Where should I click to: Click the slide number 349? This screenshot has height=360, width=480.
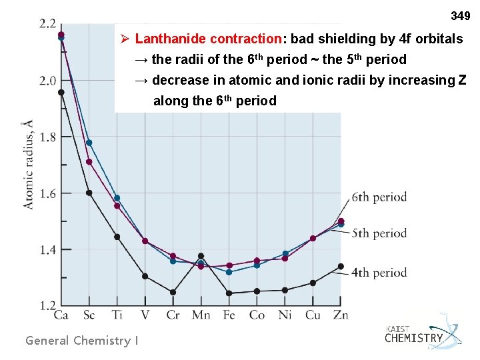(460, 15)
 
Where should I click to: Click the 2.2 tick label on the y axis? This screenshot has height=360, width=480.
(47, 24)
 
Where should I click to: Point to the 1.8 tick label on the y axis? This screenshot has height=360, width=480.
(47, 137)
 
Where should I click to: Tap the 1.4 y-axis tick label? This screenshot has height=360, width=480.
(47, 250)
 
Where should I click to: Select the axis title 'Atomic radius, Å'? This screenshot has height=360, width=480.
(27, 164)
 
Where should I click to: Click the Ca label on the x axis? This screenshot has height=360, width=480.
(61, 315)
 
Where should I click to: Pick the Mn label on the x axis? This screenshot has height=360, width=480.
(201, 315)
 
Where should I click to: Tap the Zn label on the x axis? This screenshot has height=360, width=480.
(341, 315)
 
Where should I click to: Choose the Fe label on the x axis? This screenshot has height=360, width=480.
(229, 315)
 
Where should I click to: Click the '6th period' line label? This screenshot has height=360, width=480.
(379, 197)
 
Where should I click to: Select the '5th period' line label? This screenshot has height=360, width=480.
(379, 233)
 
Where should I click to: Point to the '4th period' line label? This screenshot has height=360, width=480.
(379, 272)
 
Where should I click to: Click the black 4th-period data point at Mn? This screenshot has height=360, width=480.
(201, 256)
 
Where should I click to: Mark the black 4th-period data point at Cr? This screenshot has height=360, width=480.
(173, 292)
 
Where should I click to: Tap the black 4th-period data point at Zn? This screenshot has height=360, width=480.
(341, 267)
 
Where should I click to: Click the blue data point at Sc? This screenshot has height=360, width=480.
(89, 143)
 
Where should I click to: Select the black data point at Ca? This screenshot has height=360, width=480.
(61, 93)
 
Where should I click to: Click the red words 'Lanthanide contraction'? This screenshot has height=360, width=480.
(209, 39)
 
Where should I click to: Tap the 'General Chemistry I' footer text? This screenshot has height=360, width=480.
(81, 341)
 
